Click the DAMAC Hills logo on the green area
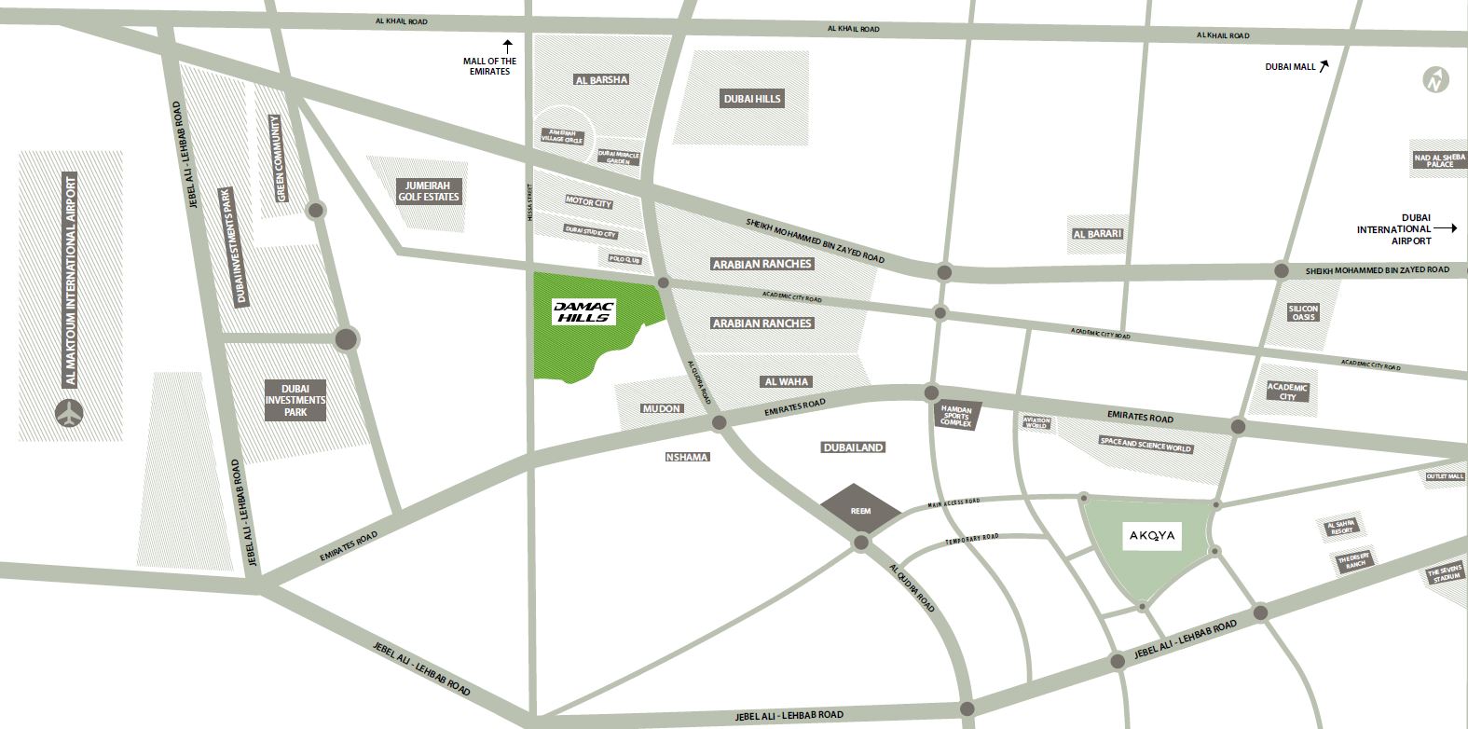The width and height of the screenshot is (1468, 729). [583, 311]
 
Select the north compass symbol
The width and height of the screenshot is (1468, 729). [1436, 81]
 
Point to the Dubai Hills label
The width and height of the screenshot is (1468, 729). [752, 99]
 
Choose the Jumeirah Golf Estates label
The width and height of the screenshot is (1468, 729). [429, 190]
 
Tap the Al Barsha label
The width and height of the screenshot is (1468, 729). [602, 80]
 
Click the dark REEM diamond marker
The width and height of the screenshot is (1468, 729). [860, 510]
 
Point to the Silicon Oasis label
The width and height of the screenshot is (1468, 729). [1303, 313]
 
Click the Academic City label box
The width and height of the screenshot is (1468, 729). [1287, 392]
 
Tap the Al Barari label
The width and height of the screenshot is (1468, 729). [1097, 234]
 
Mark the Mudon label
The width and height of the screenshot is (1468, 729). [662, 408]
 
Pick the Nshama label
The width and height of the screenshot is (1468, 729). [688, 457]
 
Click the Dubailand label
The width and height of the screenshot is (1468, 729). [853, 447]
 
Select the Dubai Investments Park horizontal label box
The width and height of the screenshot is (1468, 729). [295, 399]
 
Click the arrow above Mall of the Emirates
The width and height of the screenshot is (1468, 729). [508, 44]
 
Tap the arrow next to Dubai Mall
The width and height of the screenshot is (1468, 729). [1324, 65]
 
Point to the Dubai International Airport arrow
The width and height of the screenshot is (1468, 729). [1446, 227]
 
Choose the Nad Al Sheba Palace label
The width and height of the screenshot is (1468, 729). [1439, 160]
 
